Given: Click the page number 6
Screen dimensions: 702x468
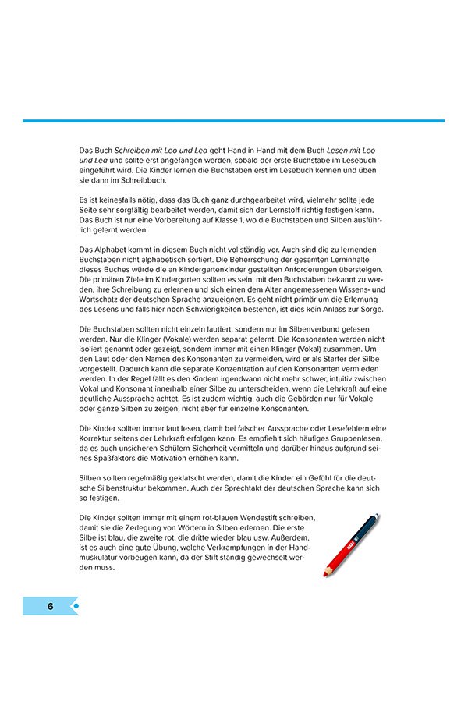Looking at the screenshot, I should [x=50, y=605].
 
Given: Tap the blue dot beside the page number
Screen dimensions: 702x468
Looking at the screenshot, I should [x=76, y=605].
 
